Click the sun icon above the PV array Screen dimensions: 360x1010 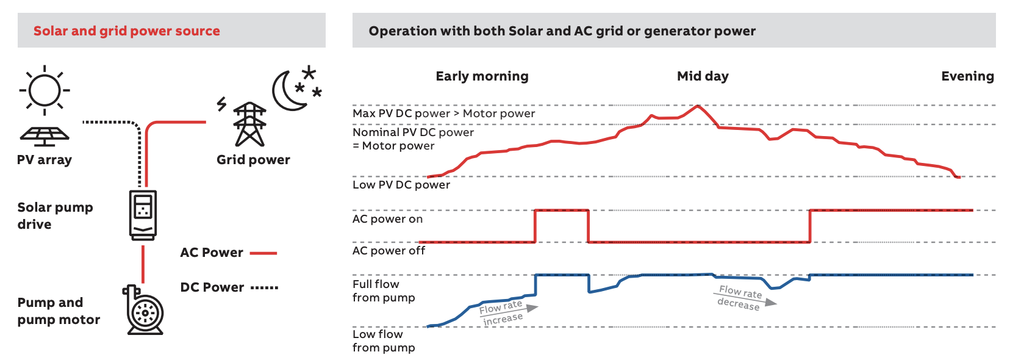(x=45, y=90)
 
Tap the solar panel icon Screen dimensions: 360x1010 (x=45, y=135)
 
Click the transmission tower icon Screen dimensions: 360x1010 (x=250, y=124)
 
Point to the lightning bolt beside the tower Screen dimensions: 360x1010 (x=222, y=104)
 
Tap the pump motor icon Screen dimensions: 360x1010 (x=144, y=311)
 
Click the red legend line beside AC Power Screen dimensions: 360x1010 (x=263, y=253)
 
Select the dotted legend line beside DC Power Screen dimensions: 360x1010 (x=264, y=287)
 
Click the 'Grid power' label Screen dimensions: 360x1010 (x=253, y=160)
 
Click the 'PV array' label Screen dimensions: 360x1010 (x=45, y=160)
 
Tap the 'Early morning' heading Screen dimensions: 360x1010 (x=482, y=76)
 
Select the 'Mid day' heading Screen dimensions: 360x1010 (x=703, y=76)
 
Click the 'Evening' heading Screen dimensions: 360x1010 (x=967, y=76)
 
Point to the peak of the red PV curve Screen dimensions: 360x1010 (x=697, y=106)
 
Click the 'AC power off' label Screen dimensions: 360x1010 (x=389, y=251)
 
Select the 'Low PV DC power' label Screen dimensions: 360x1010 (x=401, y=185)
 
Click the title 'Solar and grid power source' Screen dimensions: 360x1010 (x=127, y=31)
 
